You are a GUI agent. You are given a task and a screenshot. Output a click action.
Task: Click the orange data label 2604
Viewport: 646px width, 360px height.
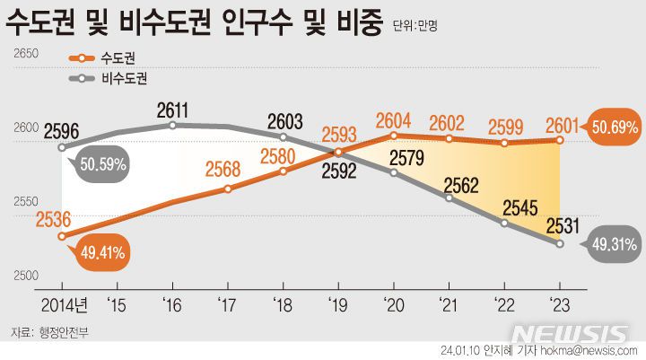(x=394, y=120)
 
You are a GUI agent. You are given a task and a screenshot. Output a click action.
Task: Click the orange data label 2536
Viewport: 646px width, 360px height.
(x=55, y=219)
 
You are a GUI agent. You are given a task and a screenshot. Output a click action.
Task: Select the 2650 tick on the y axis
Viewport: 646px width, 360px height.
(x=24, y=55)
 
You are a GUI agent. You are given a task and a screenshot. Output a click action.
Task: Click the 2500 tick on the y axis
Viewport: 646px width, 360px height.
(x=24, y=276)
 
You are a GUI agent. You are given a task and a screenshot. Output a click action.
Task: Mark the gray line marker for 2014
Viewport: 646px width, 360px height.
(x=61, y=147)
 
